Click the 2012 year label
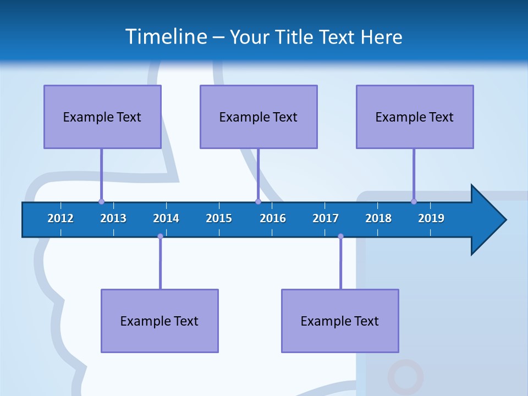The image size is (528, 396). pyautogui.click(x=61, y=219)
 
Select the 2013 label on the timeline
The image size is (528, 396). pyautogui.click(x=113, y=219)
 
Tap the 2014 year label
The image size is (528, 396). pyautogui.click(x=166, y=219)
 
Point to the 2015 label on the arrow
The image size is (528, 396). pyautogui.click(x=219, y=219)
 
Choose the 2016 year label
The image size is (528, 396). pyautogui.click(x=273, y=219)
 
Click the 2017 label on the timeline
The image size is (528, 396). pyautogui.click(x=326, y=219)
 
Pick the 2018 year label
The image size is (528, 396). pyautogui.click(x=378, y=219)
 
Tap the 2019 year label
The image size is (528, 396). pyautogui.click(x=431, y=219)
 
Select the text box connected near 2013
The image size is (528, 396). pyautogui.click(x=102, y=117)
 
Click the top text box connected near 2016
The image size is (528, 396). pyautogui.click(x=258, y=117)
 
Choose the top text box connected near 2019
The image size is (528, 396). pyautogui.click(x=415, y=117)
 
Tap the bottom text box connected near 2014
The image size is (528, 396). pyautogui.click(x=159, y=321)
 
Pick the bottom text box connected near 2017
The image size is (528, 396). pyautogui.click(x=340, y=321)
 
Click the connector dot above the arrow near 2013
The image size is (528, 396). pyautogui.click(x=101, y=201)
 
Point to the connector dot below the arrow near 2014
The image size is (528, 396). pyautogui.click(x=160, y=237)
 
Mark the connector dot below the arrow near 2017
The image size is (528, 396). pyautogui.click(x=340, y=237)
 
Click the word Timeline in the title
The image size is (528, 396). pyautogui.click(x=166, y=36)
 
